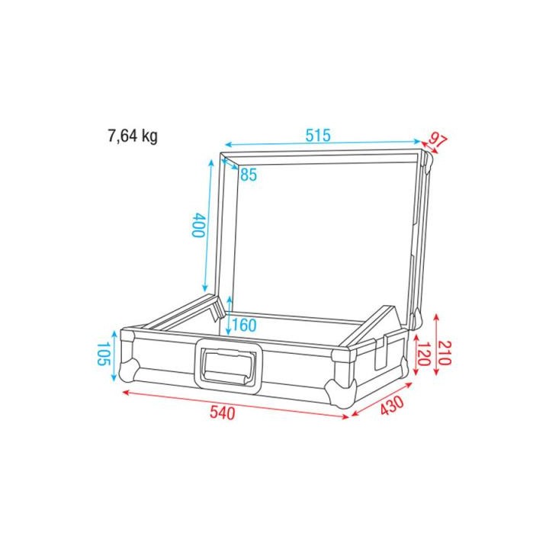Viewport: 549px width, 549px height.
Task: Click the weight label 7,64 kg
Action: [x=132, y=136]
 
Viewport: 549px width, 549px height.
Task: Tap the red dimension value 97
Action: [x=437, y=141]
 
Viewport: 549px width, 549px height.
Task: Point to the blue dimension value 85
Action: [x=248, y=175]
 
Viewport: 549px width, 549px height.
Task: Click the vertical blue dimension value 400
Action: [x=197, y=226]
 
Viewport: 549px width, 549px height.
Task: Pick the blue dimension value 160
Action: [x=243, y=326]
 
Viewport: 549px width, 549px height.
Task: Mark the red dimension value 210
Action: [x=445, y=352]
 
